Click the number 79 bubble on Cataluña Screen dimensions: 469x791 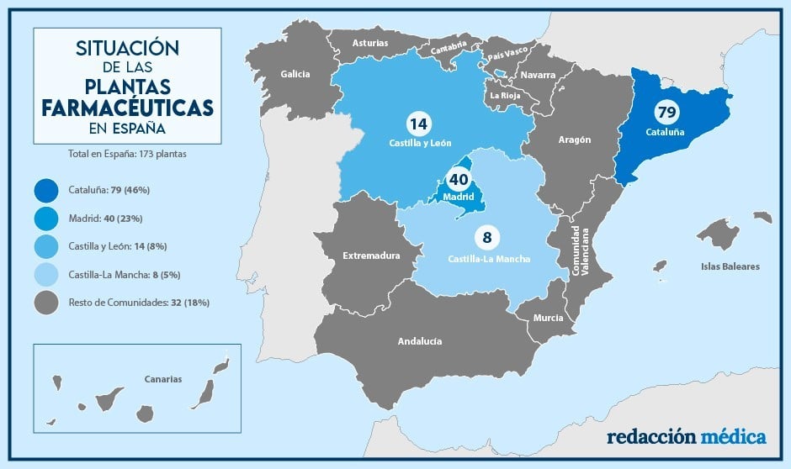[x=666, y=112]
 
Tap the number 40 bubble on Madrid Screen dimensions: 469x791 [x=458, y=179]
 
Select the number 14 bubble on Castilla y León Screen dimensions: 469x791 [x=417, y=124]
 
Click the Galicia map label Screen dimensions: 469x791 [x=295, y=74]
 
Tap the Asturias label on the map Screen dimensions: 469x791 [x=370, y=42]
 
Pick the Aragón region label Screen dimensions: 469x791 [x=575, y=140]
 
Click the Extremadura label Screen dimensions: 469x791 [x=371, y=255]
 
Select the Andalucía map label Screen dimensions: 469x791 [x=420, y=341]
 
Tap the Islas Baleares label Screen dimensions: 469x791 [x=730, y=266]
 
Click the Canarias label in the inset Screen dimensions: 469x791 [x=162, y=379]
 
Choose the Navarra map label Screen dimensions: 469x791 [x=538, y=75]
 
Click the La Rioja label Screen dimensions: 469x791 [x=505, y=95]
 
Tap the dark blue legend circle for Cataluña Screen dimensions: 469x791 [x=48, y=189]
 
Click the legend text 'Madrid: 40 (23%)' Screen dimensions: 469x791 [x=105, y=218]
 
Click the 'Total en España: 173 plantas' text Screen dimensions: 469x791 [x=127, y=155]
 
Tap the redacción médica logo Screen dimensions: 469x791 [x=687, y=437]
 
